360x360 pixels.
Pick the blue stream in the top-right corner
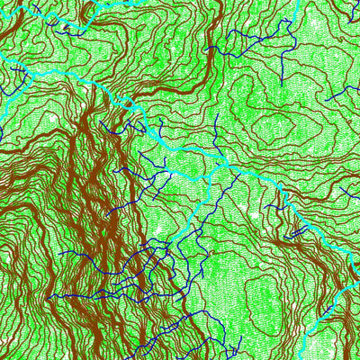pos(346,9)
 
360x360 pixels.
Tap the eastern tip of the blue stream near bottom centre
pos(241,339)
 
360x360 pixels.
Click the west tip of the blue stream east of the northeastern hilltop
pos(329,94)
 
